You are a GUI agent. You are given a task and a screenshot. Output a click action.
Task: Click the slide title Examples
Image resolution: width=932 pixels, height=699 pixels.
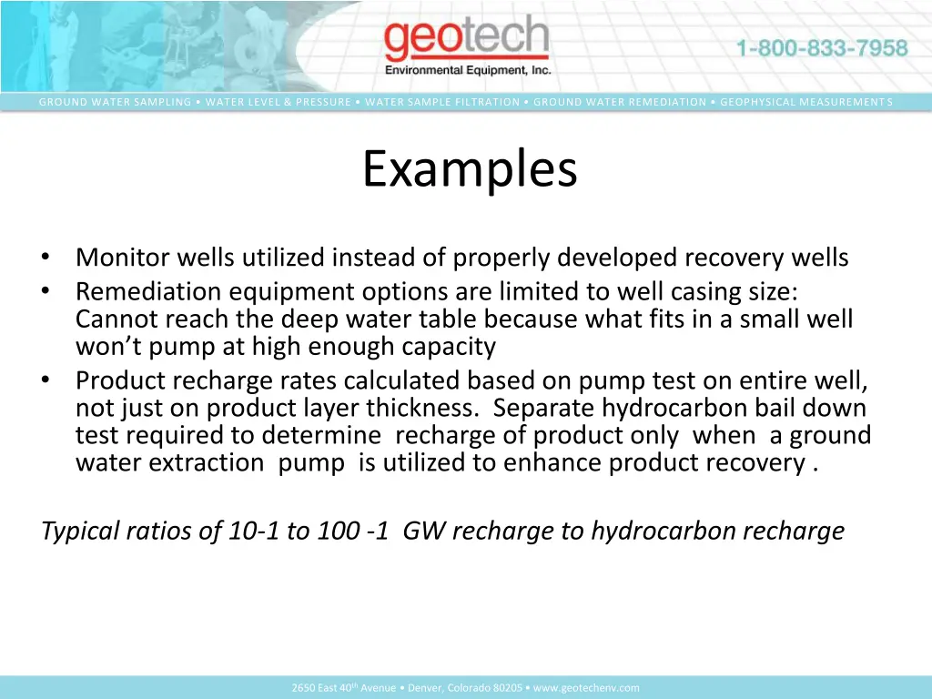[470, 169]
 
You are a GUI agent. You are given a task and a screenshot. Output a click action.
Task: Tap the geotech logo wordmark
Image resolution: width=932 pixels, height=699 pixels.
[466, 41]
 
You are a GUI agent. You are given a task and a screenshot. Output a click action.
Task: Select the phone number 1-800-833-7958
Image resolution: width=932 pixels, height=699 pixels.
[821, 48]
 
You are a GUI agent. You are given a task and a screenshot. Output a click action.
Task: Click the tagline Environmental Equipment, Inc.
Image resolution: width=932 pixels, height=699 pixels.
[468, 70]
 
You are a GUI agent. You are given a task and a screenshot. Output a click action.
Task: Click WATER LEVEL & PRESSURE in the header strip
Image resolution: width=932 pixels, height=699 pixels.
[278, 102]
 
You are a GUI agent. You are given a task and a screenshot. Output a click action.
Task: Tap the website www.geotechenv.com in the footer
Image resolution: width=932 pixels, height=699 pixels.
[586, 688]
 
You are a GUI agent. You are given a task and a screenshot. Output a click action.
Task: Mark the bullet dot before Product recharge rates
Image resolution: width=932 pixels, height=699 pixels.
[46, 380]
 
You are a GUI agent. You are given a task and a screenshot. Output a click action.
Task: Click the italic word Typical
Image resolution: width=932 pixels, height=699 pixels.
[83, 531]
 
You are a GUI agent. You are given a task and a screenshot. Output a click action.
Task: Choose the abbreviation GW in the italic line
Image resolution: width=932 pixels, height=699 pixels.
[423, 531]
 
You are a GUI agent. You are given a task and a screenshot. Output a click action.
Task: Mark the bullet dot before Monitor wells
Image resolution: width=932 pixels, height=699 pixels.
[46, 258]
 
